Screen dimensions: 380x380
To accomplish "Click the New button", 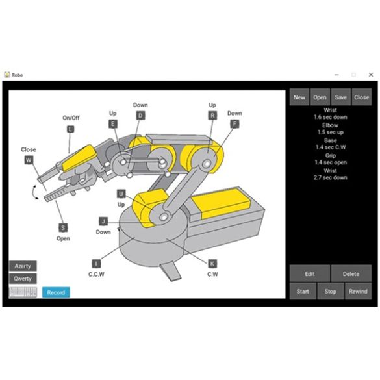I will click(299, 97).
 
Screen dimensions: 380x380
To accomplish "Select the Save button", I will click(341, 97).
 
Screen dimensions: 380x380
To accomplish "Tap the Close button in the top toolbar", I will click(362, 97).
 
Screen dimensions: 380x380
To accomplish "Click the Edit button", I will click(310, 274).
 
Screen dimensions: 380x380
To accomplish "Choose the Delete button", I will click(351, 274).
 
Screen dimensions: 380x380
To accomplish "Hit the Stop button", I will click(331, 292).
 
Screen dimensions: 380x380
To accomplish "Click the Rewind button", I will click(357, 292).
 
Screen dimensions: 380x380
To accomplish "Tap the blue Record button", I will click(56, 292).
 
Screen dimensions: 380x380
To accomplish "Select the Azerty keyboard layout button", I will click(23, 266).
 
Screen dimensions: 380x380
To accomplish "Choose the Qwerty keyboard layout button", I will click(23, 279).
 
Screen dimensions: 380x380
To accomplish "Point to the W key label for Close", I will click(29, 160).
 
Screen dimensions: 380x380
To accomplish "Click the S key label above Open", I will click(63, 227).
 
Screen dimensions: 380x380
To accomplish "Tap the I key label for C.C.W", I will click(96, 263).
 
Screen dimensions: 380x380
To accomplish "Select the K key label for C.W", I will click(212, 263).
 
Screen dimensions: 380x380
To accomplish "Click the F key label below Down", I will click(234, 123).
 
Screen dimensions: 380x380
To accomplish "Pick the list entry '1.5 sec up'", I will click(331, 131).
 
